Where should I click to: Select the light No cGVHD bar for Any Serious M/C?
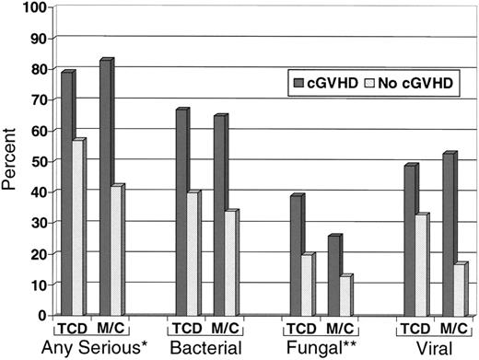click(x=115, y=251)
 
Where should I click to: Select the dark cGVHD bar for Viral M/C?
click(x=448, y=236)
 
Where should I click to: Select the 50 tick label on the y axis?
click(x=38, y=161)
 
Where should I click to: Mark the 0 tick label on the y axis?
click(x=41, y=316)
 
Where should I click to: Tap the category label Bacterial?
click(x=204, y=348)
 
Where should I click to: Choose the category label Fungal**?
click(x=319, y=348)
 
